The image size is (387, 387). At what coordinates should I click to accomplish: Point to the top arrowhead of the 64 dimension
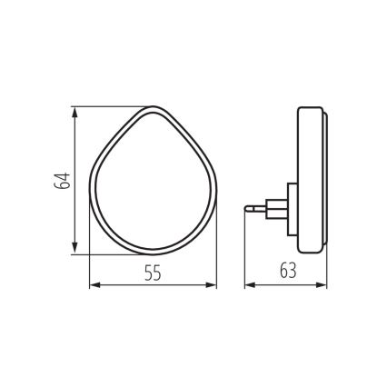(74, 113)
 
